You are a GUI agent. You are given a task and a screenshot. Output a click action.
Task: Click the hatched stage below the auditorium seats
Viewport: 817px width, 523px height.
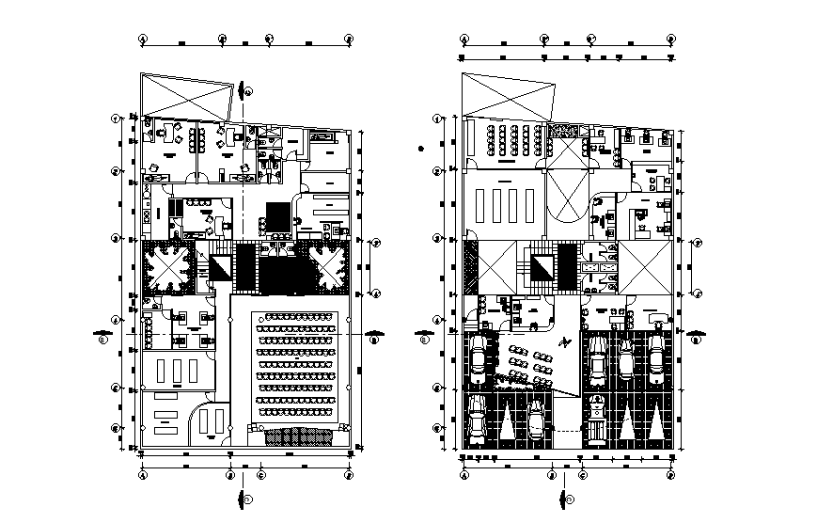[300, 436]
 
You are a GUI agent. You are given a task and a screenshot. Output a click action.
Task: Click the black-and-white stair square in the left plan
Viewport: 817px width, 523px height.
[221, 267]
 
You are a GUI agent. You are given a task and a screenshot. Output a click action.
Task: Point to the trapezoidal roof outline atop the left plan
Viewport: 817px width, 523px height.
[188, 98]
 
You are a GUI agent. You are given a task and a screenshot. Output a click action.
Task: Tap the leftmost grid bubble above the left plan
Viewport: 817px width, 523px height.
[143, 40]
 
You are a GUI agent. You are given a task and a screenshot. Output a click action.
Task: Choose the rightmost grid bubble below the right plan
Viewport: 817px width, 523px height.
[671, 476]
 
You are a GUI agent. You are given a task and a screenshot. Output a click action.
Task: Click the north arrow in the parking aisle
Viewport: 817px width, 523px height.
[563, 343]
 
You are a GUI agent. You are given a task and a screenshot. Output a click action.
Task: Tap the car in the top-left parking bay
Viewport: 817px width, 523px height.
[479, 359]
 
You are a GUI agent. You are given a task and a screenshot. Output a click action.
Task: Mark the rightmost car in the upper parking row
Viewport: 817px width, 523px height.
[655, 358]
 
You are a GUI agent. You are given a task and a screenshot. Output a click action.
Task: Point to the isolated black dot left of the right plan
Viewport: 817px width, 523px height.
[423, 148]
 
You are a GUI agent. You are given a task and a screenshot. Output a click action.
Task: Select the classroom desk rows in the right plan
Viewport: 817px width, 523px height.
[506, 140]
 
